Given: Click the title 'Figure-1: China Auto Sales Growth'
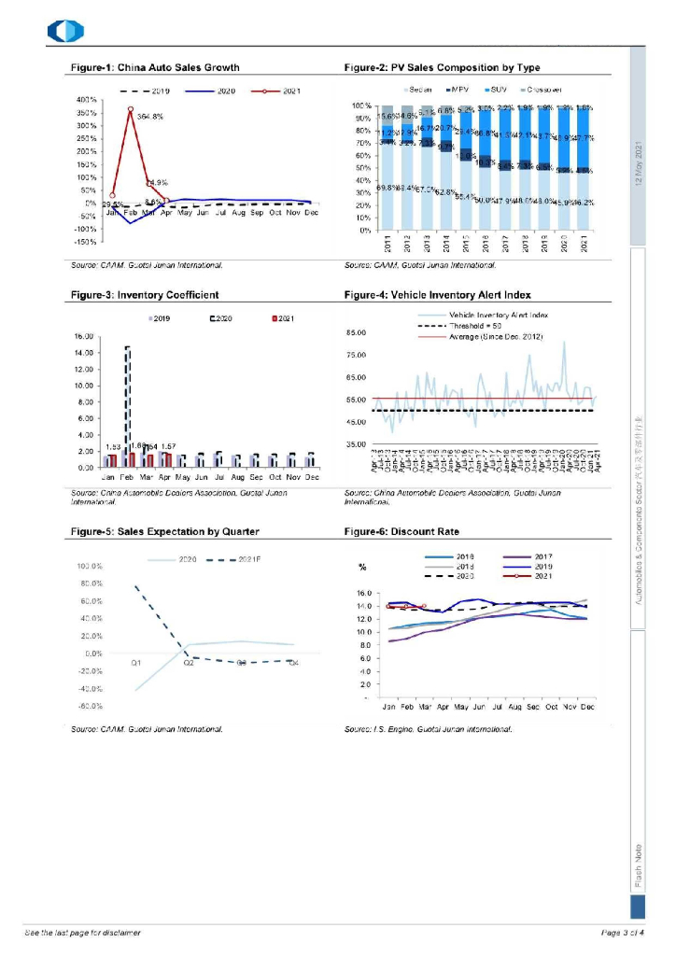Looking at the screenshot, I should coord(155,67).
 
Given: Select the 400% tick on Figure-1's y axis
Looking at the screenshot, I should coord(86,99).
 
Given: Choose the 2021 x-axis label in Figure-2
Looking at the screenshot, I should coord(584,244).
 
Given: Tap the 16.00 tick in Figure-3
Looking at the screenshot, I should coord(86,336).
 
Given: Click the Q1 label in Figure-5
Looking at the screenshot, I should coord(136,661).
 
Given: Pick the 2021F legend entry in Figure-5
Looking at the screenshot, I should coord(242,558).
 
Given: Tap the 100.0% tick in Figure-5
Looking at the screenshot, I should coord(89,567).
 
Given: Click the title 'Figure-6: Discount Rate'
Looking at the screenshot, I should coord(401,531).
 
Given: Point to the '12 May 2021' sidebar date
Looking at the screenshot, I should coord(639,163).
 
